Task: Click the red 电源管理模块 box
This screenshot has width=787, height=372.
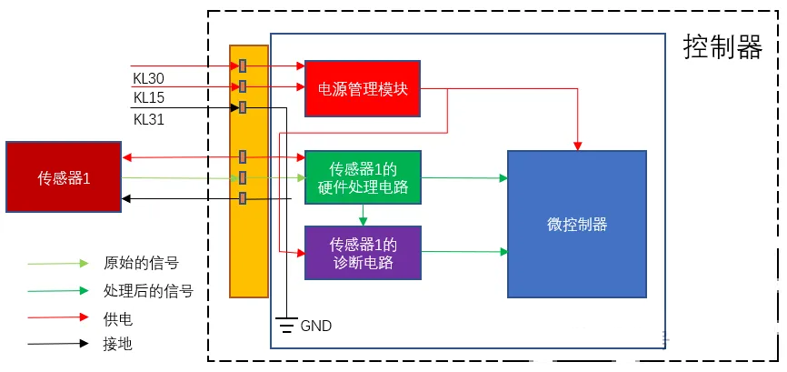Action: click(x=363, y=88)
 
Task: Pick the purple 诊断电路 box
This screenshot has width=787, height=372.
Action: click(x=363, y=252)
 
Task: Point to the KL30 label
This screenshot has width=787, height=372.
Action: click(x=148, y=78)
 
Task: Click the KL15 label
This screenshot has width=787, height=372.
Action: click(x=148, y=98)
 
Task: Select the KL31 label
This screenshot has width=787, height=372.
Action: click(x=148, y=119)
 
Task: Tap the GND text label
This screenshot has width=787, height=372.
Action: click(x=315, y=325)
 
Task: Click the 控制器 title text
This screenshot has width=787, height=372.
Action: click(x=722, y=48)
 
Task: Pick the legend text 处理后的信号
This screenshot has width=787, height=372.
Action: click(x=148, y=291)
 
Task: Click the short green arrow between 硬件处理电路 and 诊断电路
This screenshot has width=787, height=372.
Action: click(x=363, y=216)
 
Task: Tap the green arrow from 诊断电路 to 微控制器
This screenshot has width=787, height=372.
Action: click(x=463, y=250)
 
